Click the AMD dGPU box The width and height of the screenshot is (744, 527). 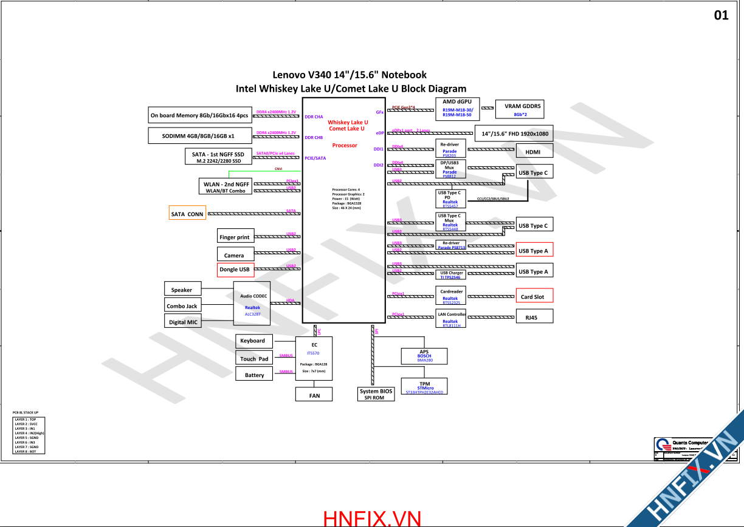pos(458,108)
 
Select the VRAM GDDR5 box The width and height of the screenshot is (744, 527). pos(520,109)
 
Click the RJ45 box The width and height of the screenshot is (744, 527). pos(534,316)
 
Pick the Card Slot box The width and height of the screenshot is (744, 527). pos(534,296)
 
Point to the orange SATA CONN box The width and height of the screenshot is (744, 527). pos(187,214)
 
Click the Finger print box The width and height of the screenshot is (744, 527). pos(235,237)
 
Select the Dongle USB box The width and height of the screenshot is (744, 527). pos(235,269)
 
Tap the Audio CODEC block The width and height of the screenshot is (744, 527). pos(253,305)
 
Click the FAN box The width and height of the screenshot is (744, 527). pos(314,395)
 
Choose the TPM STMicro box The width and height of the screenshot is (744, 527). pos(424,387)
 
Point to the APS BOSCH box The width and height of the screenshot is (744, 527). pos(424,356)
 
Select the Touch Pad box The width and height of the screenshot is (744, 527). pos(254,358)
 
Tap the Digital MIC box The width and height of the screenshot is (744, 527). pos(183,322)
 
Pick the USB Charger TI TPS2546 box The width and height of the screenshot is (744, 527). pos(451,275)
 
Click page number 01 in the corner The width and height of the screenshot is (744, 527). pos(721,15)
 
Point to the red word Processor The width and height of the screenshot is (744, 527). pos(345,146)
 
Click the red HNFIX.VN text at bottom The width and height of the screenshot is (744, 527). pos(372,518)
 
